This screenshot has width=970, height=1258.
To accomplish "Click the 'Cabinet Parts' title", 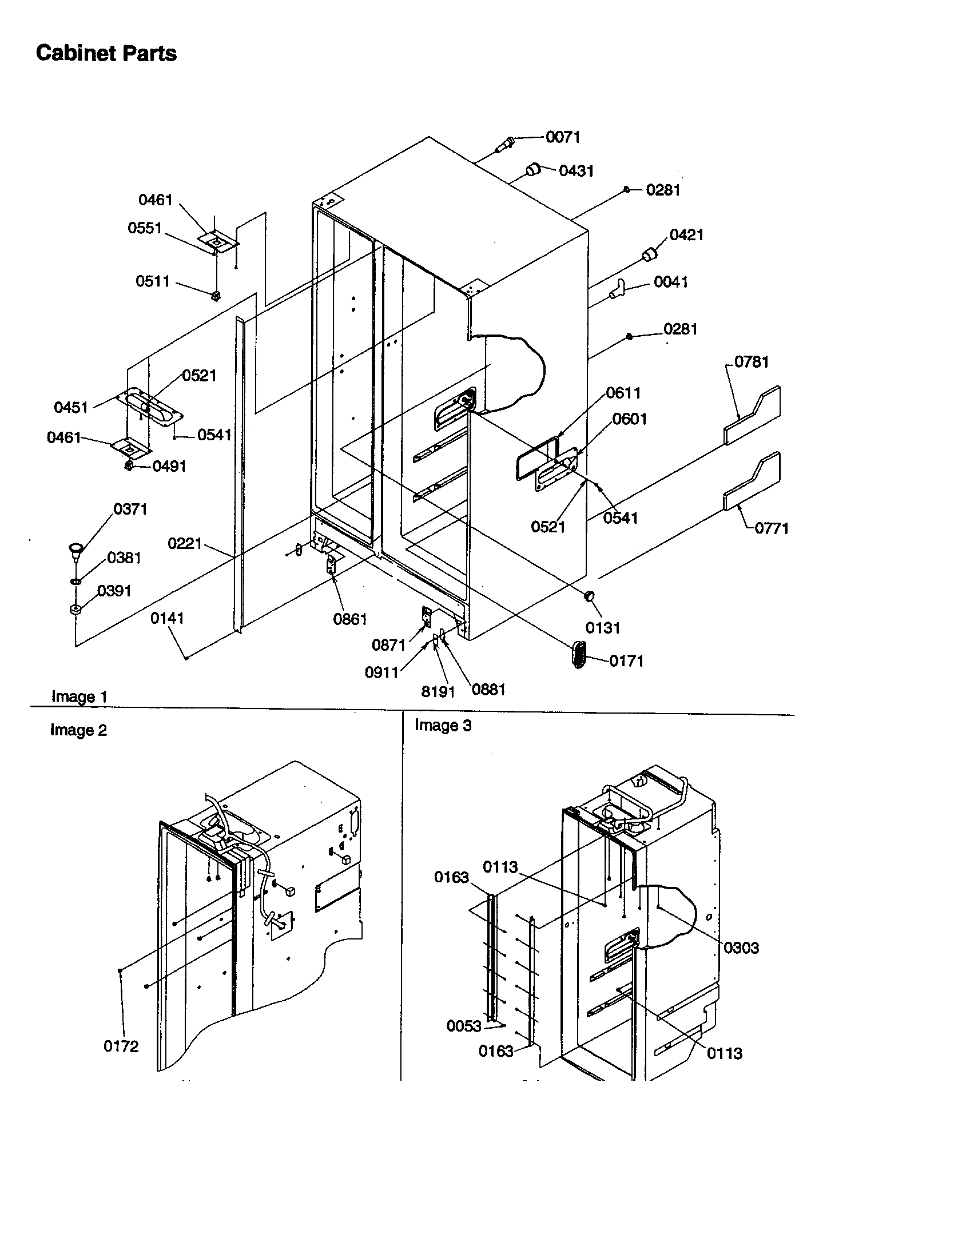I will (106, 54).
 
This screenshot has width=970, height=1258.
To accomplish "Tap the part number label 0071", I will (563, 137).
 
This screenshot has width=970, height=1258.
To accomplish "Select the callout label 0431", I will (576, 171).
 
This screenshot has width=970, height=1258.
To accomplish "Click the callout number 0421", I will (686, 235).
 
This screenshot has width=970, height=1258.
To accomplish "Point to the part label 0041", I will (671, 282).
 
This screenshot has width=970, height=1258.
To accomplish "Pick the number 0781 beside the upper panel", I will (751, 362).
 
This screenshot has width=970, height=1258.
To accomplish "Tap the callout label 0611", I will (623, 393).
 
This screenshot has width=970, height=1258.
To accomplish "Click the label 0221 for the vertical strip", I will (184, 543).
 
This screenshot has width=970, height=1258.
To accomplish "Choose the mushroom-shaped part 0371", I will (75, 548).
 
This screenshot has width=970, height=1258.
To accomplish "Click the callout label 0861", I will (349, 619).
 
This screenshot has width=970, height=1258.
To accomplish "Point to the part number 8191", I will (438, 692).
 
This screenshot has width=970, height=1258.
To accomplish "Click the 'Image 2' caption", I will (78, 730).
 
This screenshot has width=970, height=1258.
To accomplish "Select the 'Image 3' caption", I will (442, 726).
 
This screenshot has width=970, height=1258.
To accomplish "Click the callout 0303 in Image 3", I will (741, 948).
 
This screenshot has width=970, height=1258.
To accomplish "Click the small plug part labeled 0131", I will (590, 596).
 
